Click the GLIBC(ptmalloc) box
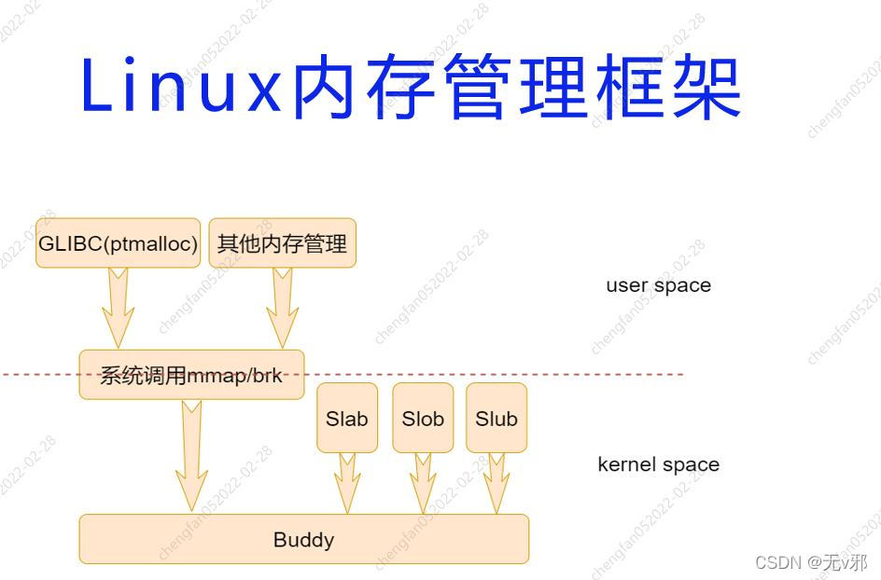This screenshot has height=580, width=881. click(118, 244)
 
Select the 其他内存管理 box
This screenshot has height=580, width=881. click(282, 244)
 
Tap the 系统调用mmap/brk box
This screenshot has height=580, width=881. click(191, 375)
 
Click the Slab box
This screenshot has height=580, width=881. click(347, 419)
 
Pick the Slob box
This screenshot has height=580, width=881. click(423, 419)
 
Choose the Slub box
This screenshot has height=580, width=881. click(496, 419)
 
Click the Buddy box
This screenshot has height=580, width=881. click(303, 539)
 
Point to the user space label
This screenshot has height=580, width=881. click(658, 285)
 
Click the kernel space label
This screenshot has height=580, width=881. click(658, 464)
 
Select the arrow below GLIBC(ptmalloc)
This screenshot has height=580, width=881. click(118, 308)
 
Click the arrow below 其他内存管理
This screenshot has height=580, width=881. click(282, 308)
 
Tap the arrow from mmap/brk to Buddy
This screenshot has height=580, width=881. click(191, 455)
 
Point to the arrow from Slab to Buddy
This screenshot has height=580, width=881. click(347, 482)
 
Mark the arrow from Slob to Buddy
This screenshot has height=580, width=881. click(423, 482)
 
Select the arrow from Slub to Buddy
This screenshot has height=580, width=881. click(496, 482)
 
